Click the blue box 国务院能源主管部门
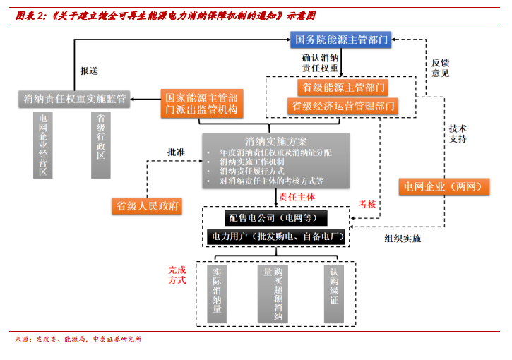(x=341, y=40)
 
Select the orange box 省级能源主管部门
(x=343, y=88)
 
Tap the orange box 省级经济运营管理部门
(x=343, y=106)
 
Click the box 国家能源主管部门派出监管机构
(x=202, y=104)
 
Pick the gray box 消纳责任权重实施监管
(x=74, y=99)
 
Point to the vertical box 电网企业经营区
(x=43, y=145)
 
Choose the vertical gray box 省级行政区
(x=101, y=145)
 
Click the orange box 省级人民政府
(x=147, y=206)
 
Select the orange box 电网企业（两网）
(x=444, y=186)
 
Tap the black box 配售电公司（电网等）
(x=276, y=218)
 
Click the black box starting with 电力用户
(x=276, y=236)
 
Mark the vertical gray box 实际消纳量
(x=217, y=294)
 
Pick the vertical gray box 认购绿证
(x=334, y=294)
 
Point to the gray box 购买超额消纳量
(x=273, y=294)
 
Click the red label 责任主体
(x=297, y=197)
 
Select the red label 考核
(x=367, y=205)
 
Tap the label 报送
(x=89, y=71)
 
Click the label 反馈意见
(x=441, y=68)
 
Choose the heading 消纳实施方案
(x=276, y=142)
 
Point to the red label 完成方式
(x=177, y=275)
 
